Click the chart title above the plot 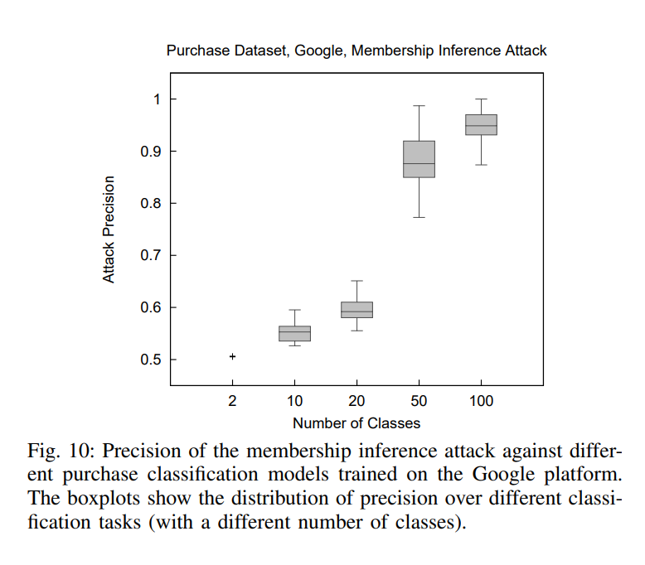(356, 51)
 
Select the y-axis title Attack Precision (109, 229)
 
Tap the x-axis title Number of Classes (356, 423)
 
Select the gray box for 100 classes (481, 124)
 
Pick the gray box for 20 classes (356, 310)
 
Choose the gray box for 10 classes (294, 334)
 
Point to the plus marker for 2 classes (233, 357)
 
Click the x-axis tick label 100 (481, 402)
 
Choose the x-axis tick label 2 (233, 402)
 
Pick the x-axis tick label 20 (356, 402)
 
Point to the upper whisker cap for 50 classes (419, 106)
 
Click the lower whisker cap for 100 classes (481, 165)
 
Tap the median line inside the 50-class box (419, 164)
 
